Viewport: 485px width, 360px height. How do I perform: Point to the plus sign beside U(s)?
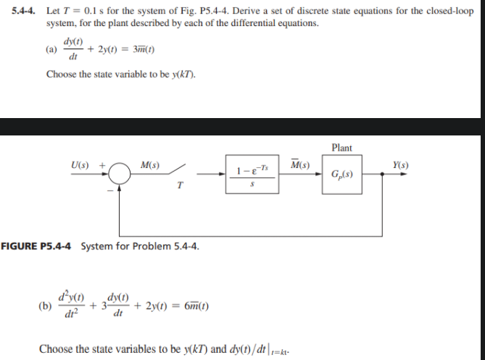pos(103,167)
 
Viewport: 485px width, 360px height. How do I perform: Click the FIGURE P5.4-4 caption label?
pos(37,246)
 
